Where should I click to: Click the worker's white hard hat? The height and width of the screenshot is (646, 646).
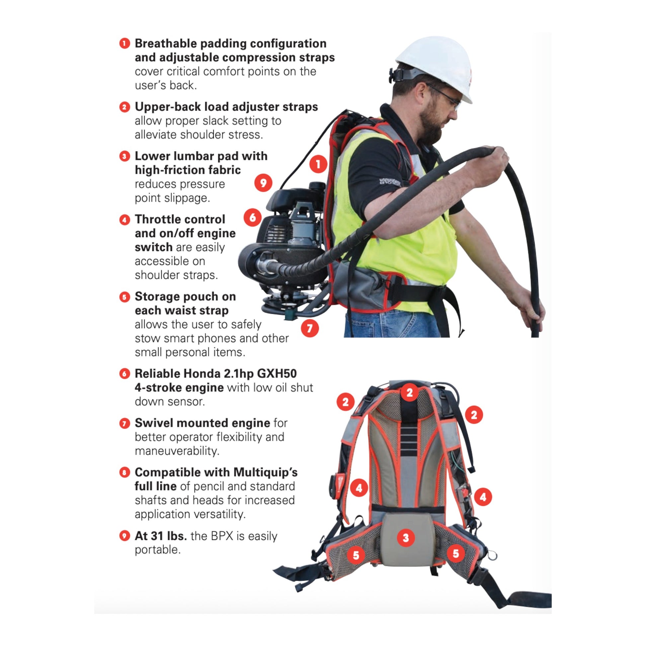tap(434, 67)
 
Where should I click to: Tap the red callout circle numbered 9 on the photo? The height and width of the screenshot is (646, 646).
tap(263, 183)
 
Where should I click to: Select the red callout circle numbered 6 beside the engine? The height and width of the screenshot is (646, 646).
tap(252, 218)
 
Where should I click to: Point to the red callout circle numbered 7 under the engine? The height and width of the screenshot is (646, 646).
tap(310, 328)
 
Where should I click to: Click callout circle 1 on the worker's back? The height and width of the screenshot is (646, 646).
tap(318, 164)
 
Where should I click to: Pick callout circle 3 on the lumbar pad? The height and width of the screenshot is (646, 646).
tap(406, 538)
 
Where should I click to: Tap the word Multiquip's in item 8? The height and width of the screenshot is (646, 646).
tap(266, 472)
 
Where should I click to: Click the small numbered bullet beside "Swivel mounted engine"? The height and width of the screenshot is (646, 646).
tap(124, 424)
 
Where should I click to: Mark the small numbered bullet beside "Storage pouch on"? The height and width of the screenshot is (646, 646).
tap(124, 297)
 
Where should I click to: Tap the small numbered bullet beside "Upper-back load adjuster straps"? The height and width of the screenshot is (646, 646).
tap(124, 107)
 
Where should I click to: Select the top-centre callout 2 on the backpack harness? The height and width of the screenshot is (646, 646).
tap(410, 393)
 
